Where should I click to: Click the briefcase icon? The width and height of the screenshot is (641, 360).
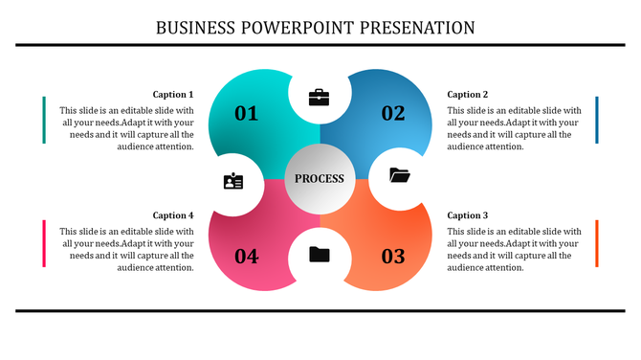click(320, 97)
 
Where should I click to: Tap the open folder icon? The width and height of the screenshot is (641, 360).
click(399, 175)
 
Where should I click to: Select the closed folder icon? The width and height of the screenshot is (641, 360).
click(320, 254)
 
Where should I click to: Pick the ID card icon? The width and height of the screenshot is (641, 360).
click(233, 180)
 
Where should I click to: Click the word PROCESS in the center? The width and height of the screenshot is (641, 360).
click(320, 179)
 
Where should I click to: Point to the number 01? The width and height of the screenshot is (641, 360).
click(247, 114)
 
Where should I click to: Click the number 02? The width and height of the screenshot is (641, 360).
click(393, 114)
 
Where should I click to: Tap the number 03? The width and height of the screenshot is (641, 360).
click(393, 257)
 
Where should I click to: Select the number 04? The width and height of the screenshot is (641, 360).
click(247, 257)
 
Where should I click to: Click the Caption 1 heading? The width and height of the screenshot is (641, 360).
click(173, 95)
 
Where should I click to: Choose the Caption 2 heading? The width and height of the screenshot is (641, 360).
click(468, 95)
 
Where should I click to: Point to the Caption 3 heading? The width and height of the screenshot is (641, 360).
click(468, 215)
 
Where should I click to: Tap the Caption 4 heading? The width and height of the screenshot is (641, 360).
click(173, 215)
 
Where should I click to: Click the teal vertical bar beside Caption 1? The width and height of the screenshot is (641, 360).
click(44, 120)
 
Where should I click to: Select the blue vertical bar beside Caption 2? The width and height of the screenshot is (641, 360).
click(597, 120)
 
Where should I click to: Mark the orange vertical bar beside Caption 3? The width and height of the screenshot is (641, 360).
click(597, 243)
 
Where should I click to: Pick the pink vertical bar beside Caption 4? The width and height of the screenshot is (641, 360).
click(44, 243)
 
